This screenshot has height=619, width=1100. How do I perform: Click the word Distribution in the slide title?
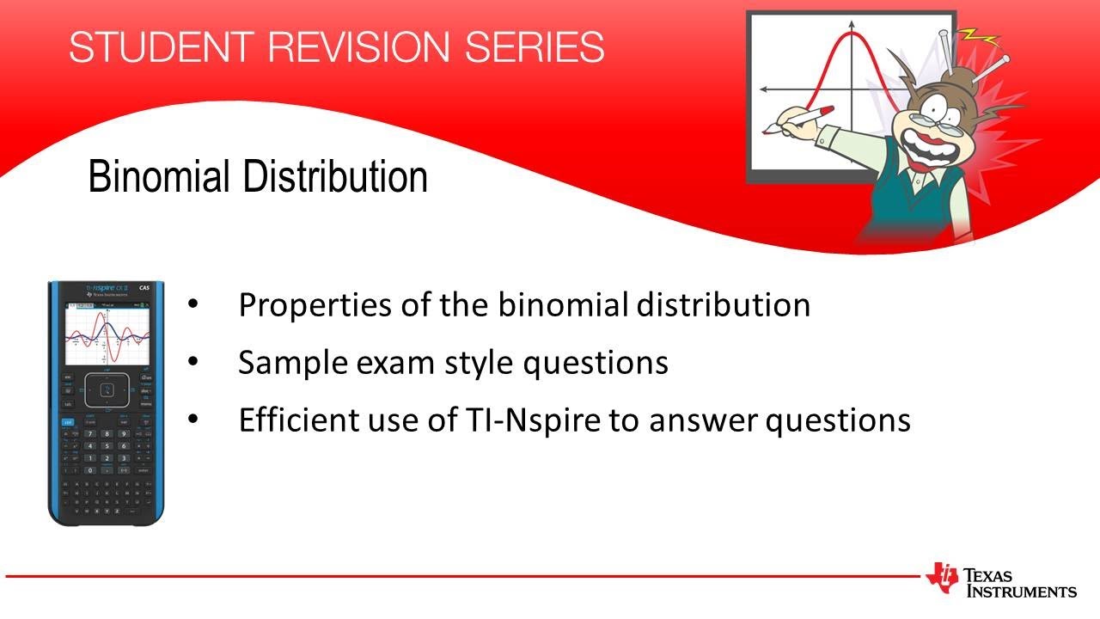click(x=334, y=176)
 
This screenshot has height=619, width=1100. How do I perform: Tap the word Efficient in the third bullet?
click(x=291, y=420)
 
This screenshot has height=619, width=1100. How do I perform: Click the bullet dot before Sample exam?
click(x=192, y=362)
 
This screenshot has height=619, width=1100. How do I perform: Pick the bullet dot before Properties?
click(x=192, y=304)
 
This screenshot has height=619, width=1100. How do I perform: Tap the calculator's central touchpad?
click(x=107, y=390)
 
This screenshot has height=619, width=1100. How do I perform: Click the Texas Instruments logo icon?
click(x=942, y=578)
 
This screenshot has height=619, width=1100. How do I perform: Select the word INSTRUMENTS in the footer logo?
click(x=1022, y=591)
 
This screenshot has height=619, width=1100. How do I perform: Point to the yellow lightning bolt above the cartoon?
click(x=982, y=38)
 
